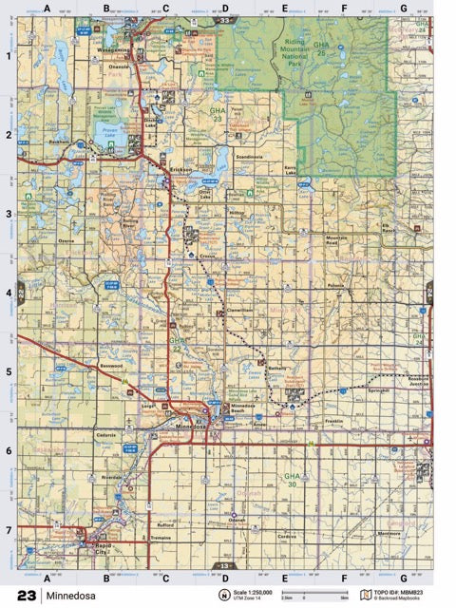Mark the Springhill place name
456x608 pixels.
point(380,389)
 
